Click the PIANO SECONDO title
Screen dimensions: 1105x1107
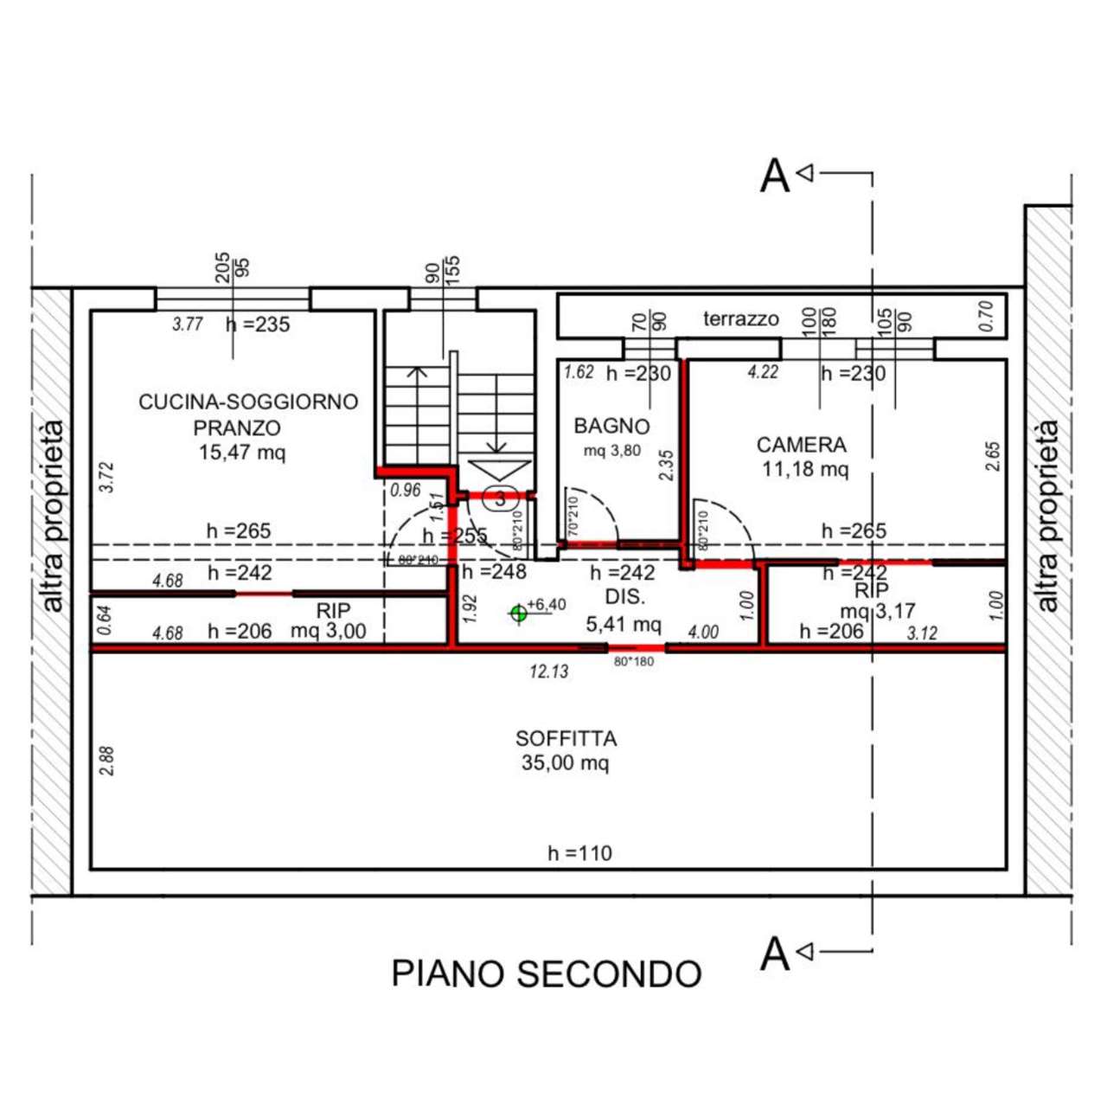click(546, 974)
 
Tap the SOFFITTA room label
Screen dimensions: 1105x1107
click(566, 739)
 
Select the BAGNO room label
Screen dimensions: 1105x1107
click(611, 426)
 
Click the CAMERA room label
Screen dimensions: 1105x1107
click(801, 445)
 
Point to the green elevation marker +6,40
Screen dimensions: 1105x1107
click(519, 614)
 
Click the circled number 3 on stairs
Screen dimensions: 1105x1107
click(500, 498)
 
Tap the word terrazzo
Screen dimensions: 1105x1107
click(740, 319)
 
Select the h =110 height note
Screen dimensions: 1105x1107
click(579, 853)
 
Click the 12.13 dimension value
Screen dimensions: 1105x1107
click(549, 671)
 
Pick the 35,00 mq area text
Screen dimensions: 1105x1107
click(565, 763)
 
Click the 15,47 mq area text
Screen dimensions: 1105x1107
click(241, 452)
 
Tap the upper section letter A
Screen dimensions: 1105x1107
click(774, 177)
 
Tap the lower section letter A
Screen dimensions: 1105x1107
click(774, 954)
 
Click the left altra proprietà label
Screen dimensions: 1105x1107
click(53, 517)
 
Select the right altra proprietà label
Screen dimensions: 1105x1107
click(1047, 517)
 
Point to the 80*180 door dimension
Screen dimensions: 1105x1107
click(634, 662)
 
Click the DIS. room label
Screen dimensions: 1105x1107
click(624, 597)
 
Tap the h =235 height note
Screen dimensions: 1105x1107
click(258, 324)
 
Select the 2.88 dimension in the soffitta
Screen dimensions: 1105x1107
click(106, 761)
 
